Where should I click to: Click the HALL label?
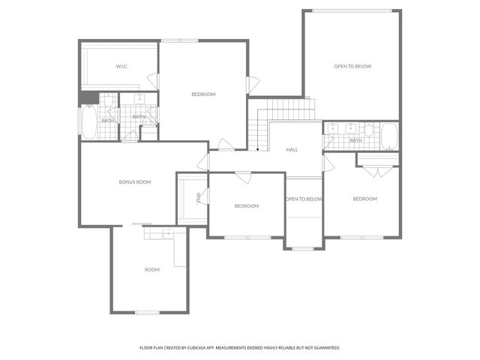click(292, 150)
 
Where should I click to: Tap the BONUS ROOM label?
click(135, 182)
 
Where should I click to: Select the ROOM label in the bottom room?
click(152, 269)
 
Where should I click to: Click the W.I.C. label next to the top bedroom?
click(123, 67)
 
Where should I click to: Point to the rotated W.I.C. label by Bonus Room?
click(199, 198)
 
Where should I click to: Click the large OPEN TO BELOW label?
click(352, 66)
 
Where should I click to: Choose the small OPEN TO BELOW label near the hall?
click(304, 199)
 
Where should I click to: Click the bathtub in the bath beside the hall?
click(389, 137)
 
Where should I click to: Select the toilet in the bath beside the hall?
click(368, 128)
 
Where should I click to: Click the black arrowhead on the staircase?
click(257, 149)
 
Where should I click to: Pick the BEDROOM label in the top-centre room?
click(203, 94)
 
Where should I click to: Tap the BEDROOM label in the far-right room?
click(364, 199)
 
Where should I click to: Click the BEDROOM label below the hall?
click(246, 206)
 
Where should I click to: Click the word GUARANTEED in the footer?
click(325, 348)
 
